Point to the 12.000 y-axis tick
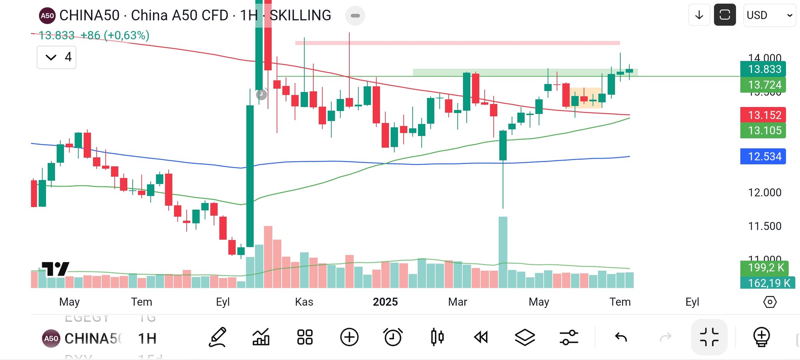(x=764, y=192)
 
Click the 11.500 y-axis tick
(x=764, y=226)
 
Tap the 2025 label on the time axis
(x=385, y=302)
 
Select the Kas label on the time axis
(x=304, y=302)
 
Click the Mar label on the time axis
(x=457, y=302)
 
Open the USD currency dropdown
(x=769, y=15)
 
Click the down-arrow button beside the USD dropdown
(x=699, y=15)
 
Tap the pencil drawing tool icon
(x=218, y=337)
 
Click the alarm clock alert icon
(x=393, y=337)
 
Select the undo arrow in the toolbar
(x=621, y=337)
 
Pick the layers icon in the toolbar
(x=525, y=337)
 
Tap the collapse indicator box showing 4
(x=57, y=57)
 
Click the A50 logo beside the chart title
(x=47, y=16)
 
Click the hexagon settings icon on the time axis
(x=770, y=302)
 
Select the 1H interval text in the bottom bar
(x=147, y=339)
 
